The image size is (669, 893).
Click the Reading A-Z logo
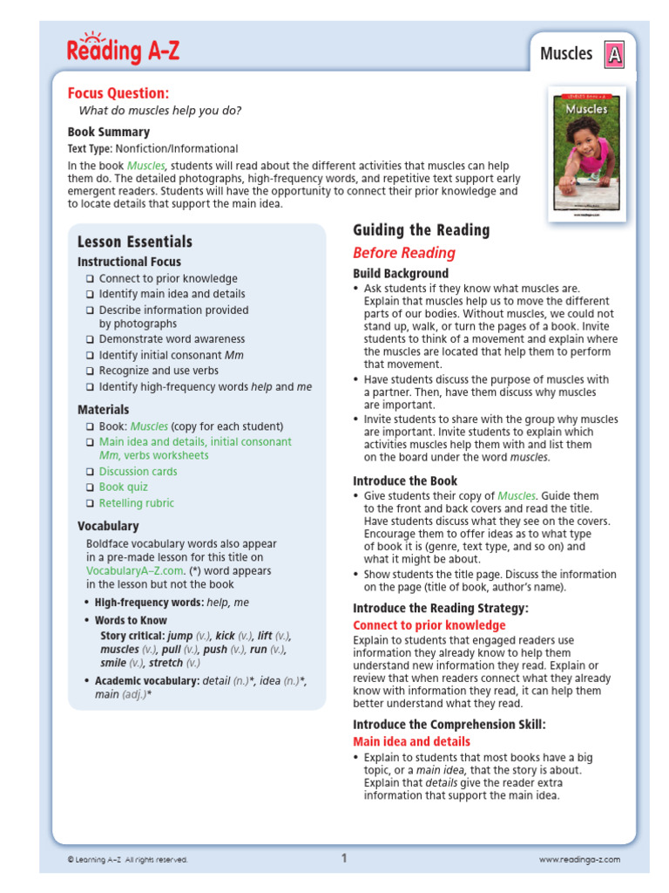click(123, 51)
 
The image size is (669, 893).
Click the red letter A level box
click(615, 55)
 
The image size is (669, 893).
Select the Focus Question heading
click(118, 93)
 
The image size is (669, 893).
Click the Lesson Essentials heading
click(135, 242)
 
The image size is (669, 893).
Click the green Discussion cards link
click(138, 472)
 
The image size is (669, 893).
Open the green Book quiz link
click(123, 487)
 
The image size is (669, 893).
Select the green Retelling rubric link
click(136, 503)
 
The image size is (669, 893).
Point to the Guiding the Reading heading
click(421, 230)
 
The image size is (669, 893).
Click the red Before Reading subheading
click(403, 253)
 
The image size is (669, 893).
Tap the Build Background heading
click(401, 274)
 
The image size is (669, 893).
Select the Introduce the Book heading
click(405, 481)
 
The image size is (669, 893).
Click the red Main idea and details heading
click(411, 741)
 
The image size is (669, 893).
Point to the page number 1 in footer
click(344, 858)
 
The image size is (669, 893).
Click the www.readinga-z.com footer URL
click(579, 860)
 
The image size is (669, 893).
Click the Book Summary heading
click(109, 132)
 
